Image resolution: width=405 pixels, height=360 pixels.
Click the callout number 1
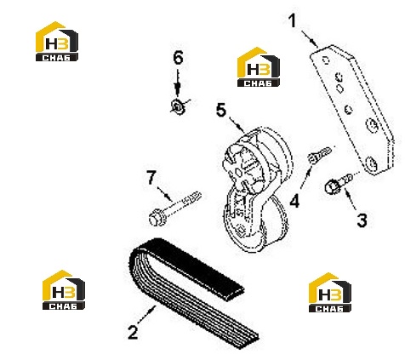click(x=292, y=21)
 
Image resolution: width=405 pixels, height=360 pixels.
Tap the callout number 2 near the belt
click(x=133, y=332)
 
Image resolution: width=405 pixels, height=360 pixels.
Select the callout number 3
click(x=362, y=220)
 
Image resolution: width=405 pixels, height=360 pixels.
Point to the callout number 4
click(x=294, y=201)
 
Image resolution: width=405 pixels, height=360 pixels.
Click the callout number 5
click(x=221, y=110)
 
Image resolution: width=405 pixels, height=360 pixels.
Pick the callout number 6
click(x=178, y=58)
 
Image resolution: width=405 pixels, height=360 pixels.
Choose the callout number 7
click(x=151, y=177)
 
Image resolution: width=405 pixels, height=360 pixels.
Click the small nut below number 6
click(x=179, y=107)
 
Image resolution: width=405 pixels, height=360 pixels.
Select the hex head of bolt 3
click(x=331, y=186)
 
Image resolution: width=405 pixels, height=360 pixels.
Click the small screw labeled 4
click(x=319, y=155)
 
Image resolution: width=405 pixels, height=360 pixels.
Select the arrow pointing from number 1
click(x=310, y=38)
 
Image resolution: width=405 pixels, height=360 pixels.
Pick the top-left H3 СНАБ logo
click(x=57, y=42)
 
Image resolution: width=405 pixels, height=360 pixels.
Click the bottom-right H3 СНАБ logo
click(x=330, y=293)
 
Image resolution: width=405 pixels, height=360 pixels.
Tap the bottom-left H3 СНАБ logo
click(x=64, y=289)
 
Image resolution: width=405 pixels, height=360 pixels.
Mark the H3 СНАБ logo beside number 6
click(x=259, y=67)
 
